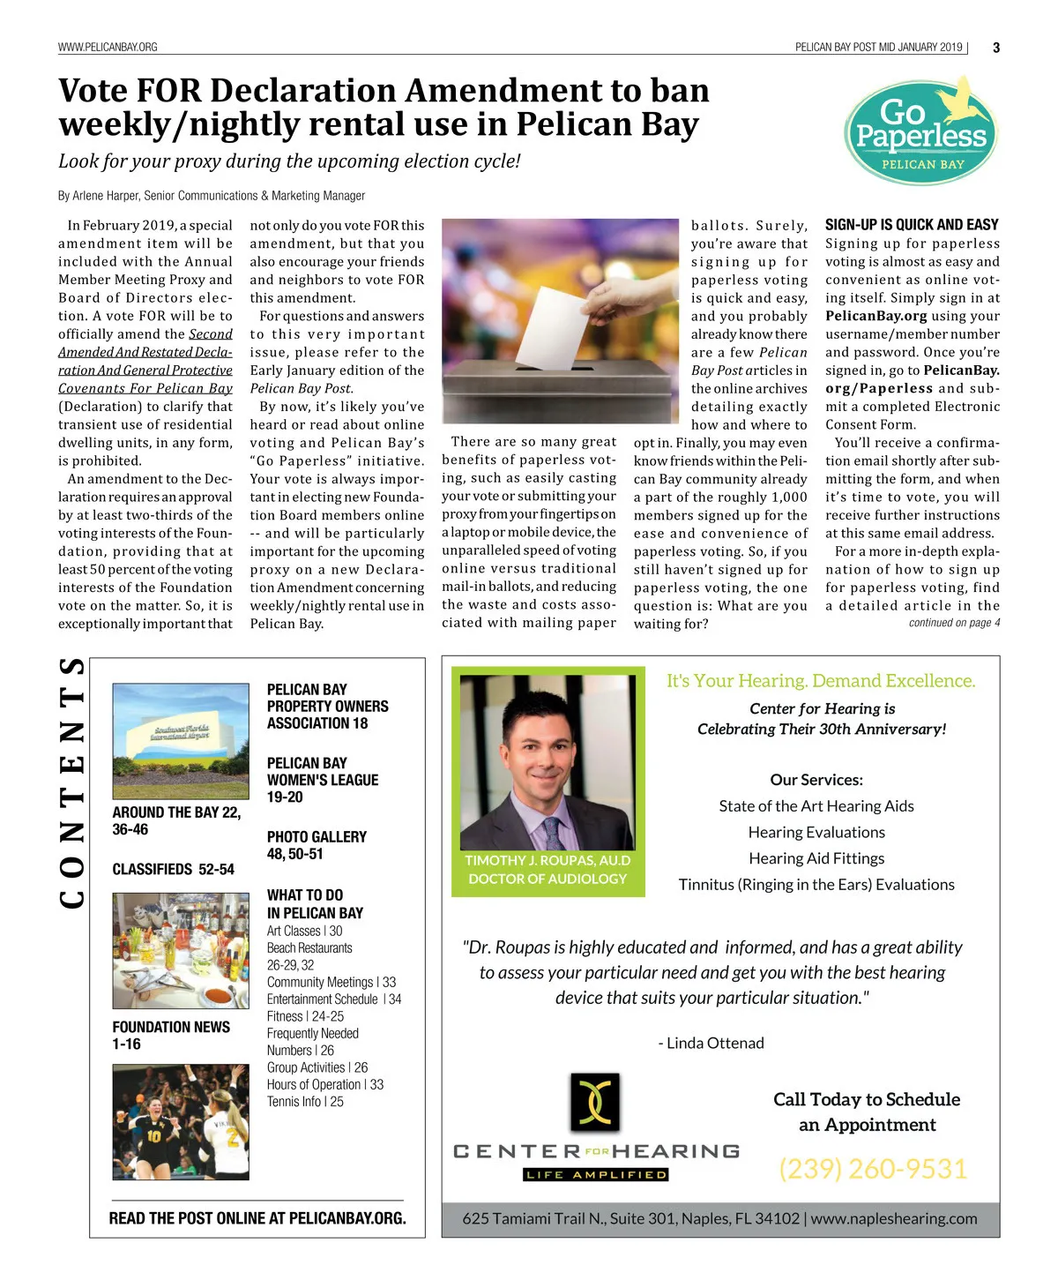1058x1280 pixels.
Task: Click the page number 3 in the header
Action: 996,48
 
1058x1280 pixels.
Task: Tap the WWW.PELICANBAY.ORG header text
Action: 108,48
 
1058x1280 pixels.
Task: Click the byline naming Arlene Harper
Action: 212,196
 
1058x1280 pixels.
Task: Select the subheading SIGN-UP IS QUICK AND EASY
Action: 912,225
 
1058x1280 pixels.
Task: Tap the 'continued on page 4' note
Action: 954,623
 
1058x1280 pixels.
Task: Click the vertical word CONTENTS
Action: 72,782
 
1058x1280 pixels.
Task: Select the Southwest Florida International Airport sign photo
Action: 181,740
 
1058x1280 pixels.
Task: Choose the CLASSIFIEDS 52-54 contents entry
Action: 173,870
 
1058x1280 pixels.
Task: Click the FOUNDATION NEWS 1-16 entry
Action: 171,1036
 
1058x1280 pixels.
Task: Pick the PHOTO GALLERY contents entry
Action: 317,845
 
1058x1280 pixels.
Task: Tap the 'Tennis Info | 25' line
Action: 305,1102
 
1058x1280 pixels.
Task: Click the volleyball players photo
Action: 181,1121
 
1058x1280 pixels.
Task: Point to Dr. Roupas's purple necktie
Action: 553,833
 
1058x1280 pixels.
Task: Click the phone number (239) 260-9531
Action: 873,1169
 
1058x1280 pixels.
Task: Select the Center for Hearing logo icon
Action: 594,1102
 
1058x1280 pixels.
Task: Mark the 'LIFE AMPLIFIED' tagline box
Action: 596,1175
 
